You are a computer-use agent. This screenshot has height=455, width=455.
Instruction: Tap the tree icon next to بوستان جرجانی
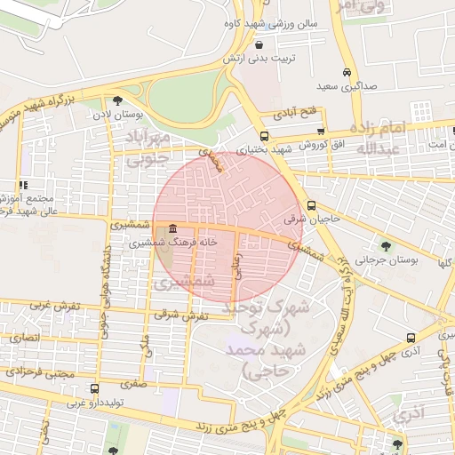pyautogui.click(x=385, y=245)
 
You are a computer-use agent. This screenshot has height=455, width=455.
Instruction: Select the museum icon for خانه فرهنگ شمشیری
pyautogui.click(x=171, y=229)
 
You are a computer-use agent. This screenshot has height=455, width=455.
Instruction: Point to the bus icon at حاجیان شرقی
pyautogui.click(x=310, y=206)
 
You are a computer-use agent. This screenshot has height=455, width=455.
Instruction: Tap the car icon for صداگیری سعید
pyautogui.click(x=346, y=74)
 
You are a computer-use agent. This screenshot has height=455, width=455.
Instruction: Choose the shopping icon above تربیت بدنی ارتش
pyautogui.click(x=259, y=44)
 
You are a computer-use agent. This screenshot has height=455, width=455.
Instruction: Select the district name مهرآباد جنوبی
pyautogui.click(x=148, y=148)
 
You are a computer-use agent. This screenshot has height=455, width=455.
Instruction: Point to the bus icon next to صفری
pyautogui.click(x=94, y=388)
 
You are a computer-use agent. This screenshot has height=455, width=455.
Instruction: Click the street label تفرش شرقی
pyautogui.click(x=181, y=315)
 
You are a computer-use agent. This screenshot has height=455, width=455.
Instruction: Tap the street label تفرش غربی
pyautogui.click(x=56, y=306)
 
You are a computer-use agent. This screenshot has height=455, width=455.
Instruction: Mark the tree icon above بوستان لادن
pyautogui.click(x=117, y=100)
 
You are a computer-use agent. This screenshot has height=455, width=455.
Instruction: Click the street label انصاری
pyautogui.click(x=24, y=338)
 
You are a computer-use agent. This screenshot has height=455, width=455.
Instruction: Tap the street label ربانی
pyautogui.click(x=237, y=267)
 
